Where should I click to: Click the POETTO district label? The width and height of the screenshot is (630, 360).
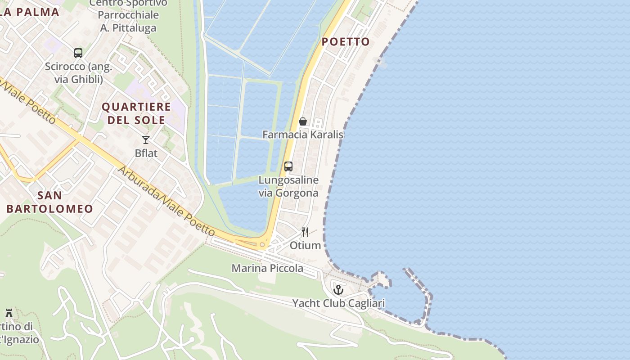(346, 42)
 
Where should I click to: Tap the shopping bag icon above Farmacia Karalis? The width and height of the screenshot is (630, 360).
(303, 121)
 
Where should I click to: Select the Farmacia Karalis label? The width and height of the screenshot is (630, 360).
(303, 135)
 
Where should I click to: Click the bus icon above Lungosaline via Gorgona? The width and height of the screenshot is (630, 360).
(288, 166)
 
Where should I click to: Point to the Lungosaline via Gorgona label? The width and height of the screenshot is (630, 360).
(288, 186)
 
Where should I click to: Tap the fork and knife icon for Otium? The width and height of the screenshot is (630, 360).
(305, 232)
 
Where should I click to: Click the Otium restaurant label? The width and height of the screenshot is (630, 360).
(306, 245)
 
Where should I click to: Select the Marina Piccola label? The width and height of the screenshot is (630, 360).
(267, 269)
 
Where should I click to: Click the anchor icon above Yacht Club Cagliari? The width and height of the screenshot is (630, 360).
(338, 290)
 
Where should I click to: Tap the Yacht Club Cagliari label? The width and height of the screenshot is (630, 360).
(338, 303)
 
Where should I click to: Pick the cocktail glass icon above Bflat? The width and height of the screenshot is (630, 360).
(146, 140)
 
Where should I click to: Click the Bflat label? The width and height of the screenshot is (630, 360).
(146, 153)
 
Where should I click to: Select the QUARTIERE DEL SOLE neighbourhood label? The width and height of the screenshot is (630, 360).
(136, 113)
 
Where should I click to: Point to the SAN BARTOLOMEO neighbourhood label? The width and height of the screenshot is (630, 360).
(49, 202)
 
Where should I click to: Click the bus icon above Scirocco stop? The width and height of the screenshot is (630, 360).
(78, 53)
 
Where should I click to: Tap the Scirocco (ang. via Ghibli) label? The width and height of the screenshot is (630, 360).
(79, 73)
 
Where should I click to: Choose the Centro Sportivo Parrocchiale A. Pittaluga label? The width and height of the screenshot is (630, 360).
(128, 15)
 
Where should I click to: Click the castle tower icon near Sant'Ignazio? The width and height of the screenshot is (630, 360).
(9, 313)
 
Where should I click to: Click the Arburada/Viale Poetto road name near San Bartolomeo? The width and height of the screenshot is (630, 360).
(166, 201)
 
